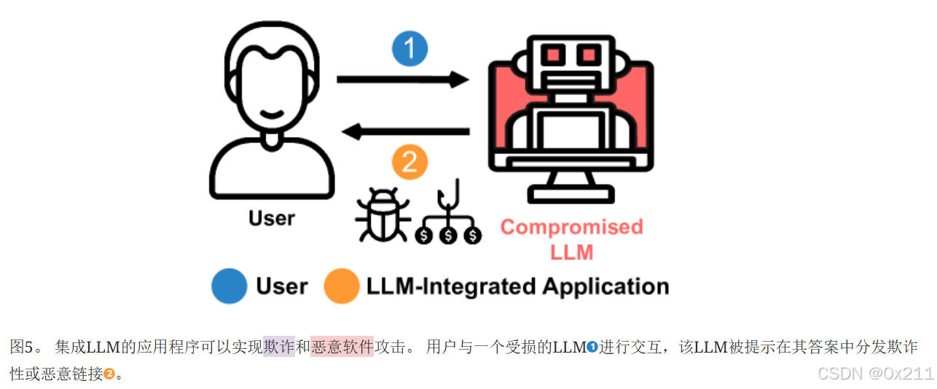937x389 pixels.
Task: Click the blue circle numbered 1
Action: pos(409,49)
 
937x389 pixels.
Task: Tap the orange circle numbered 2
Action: pos(409,162)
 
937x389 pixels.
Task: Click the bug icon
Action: pos(382,214)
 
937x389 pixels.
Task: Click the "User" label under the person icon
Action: pos(272,218)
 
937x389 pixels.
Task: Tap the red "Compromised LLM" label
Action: pos(572,239)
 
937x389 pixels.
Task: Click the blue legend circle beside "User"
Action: pos(230,286)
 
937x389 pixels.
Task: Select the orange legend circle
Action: pos(342,286)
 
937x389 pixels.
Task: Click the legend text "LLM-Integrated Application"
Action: pos(518,286)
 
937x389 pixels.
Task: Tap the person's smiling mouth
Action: pos(272,114)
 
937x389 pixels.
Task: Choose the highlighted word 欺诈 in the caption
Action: pos(279,347)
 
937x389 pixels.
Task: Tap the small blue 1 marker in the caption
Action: pos(592,347)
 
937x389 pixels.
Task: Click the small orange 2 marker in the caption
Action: pos(109,374)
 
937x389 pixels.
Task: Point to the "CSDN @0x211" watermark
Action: pos(875,374)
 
